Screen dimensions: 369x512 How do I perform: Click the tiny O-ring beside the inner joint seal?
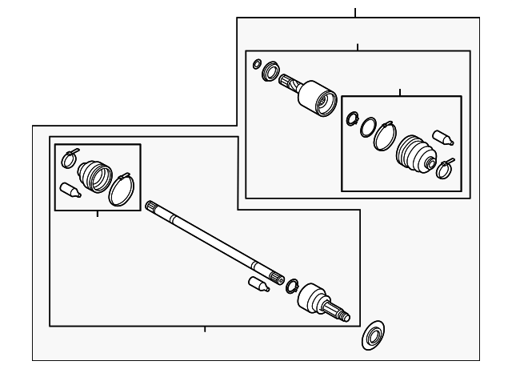click(257, 63)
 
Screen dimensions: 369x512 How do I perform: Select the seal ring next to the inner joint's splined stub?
click(270, 70)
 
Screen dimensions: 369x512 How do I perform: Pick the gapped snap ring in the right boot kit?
click(352, 118)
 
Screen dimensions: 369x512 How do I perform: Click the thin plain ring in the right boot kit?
click(368, 126)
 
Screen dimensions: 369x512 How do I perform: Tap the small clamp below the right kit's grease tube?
click(445, 168)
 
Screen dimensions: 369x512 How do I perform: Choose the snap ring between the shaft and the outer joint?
click(292, 286)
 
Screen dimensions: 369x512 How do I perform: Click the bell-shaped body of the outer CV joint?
click(311, 298)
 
